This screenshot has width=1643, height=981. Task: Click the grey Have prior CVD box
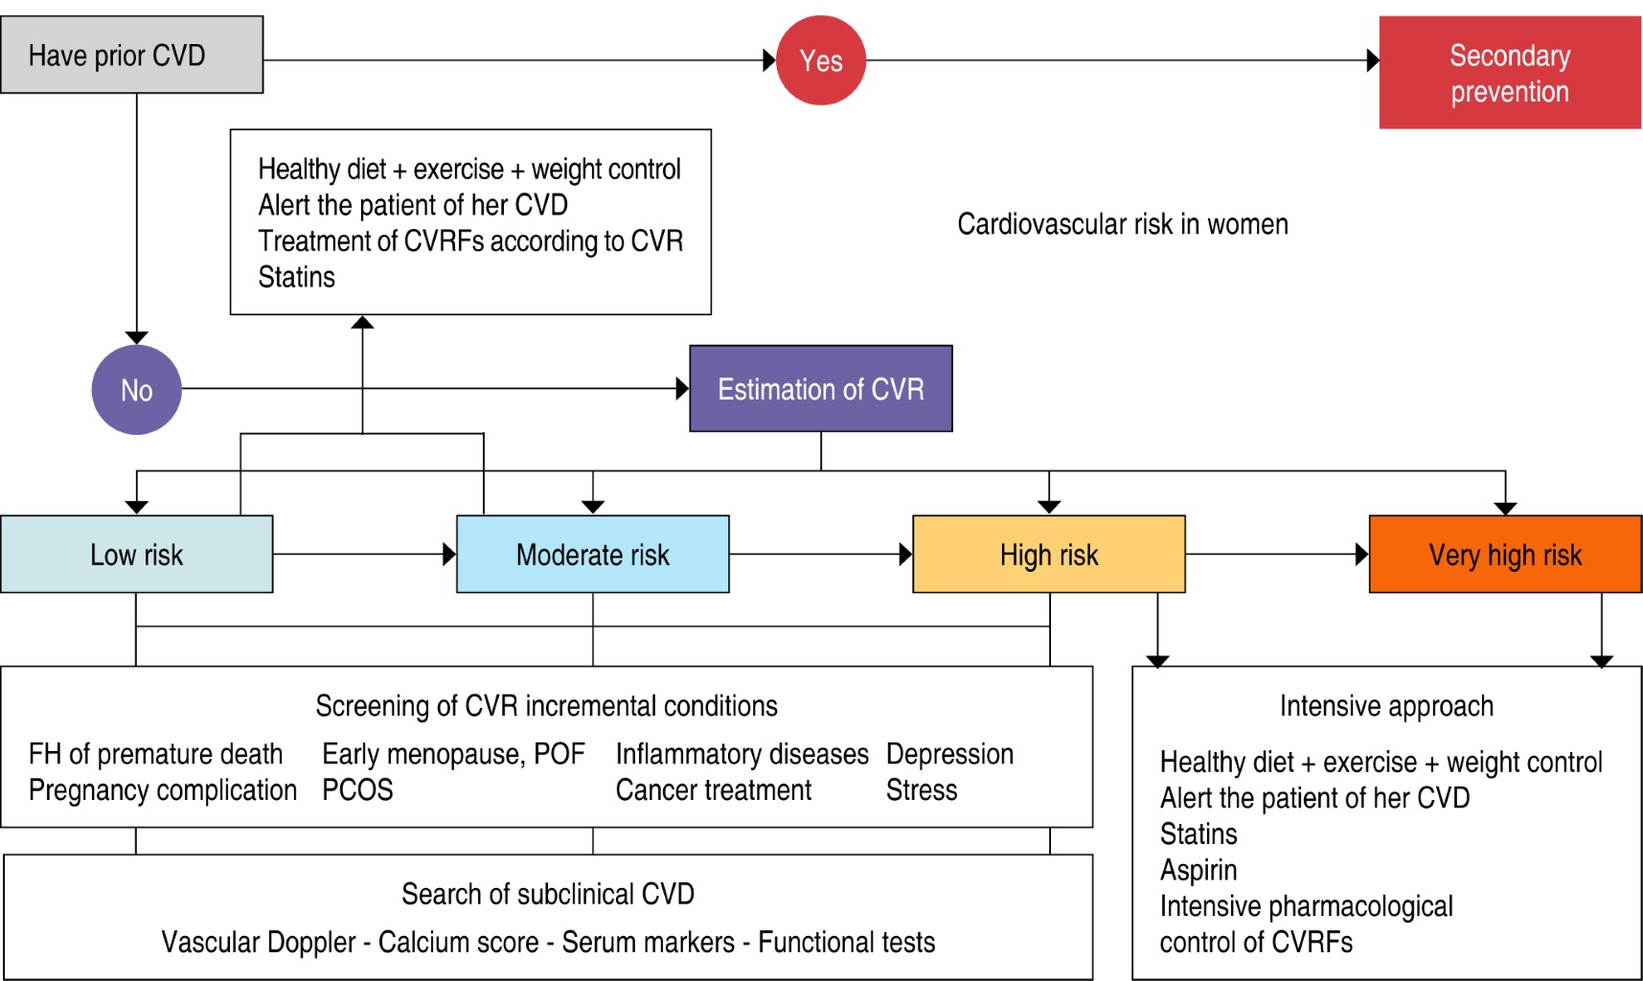[131, 56]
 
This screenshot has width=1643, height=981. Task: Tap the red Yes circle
[821, 60]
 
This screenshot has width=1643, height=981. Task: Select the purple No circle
[136, 390]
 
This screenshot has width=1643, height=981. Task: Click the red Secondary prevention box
[1509, 73]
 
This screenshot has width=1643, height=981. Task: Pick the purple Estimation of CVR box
[820, 389]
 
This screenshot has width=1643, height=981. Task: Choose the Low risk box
[136, 555]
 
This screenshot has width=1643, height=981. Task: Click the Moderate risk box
[592, 555]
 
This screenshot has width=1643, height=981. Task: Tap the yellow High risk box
[1048, 555]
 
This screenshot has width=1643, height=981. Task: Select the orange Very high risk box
[1504, 555]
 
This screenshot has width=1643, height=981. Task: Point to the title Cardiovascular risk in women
[1122, 224]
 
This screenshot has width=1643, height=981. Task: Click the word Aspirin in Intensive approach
[1198, 870]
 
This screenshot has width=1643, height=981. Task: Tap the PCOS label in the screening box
[357, 790]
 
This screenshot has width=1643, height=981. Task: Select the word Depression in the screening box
[949, 754]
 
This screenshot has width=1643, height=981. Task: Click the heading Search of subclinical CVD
[547, 894]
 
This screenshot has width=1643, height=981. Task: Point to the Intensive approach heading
[1385, 706]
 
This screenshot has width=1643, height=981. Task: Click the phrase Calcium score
[458, 943]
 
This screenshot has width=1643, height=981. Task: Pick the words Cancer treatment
[713, 790]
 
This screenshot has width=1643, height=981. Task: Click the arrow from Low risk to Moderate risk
[364, 554]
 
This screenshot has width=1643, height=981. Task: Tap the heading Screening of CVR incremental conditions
[546, 706]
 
